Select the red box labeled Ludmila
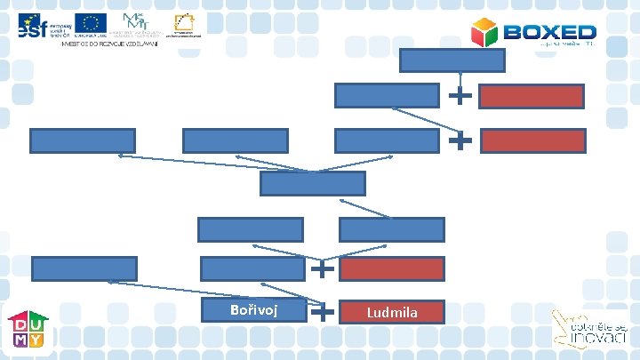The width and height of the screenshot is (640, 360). tap(393, 311)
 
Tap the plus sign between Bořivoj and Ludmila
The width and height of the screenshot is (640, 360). tap(324, 310)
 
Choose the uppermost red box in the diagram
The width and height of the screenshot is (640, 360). tap(532, 97)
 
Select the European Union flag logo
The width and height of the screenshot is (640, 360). tap(91, 25)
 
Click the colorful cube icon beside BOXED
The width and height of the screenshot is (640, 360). tap(485, 33)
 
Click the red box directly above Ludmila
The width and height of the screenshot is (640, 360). tap(392, 268)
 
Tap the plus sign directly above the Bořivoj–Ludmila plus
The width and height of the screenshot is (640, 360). tap(324, 267)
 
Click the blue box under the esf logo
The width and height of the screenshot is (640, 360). tap(83, 140)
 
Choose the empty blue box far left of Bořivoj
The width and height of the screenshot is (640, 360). tap(84, 268)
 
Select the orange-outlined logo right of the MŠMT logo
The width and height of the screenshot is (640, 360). tap(188, 24)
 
